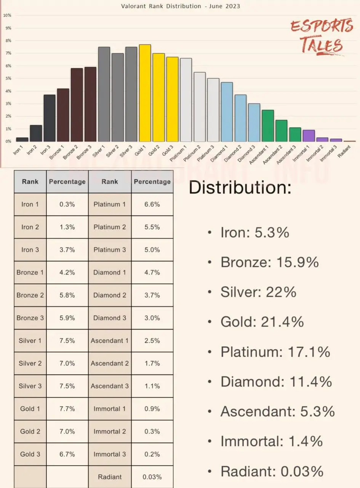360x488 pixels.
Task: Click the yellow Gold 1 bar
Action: click(145, 93)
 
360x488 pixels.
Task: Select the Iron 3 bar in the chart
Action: click(50, 118)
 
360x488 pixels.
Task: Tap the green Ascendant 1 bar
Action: click(268, 126)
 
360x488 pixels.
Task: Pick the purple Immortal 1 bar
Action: click(309, 136)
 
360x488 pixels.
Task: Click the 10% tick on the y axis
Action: click(7, 15)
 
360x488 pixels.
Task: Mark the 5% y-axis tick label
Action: click(8, 79)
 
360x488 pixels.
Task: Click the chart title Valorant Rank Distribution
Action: click(180, 6)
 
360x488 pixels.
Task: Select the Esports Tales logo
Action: click(322, 36)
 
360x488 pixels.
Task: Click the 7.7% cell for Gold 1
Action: click(67, 409)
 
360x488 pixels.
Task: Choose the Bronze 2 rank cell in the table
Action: click(30, 295)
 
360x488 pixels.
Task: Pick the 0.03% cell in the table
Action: click(152, 477)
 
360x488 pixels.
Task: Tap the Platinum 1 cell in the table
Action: click(110, 204)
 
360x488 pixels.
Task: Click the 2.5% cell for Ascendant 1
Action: click(152, 340)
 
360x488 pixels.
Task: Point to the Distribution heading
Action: click(240, 188)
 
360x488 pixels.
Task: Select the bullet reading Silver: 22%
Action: click(258, 292)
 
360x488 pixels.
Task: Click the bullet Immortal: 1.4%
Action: click(271, 441)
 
